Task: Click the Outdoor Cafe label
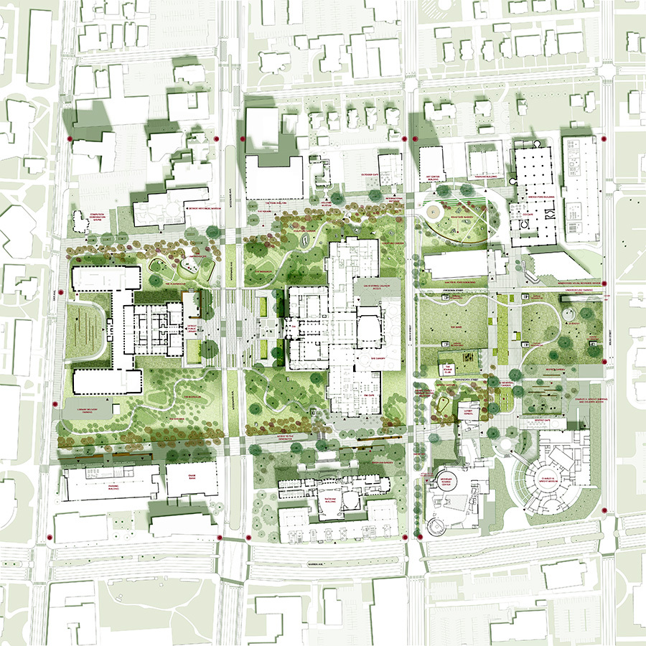(353, 174)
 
